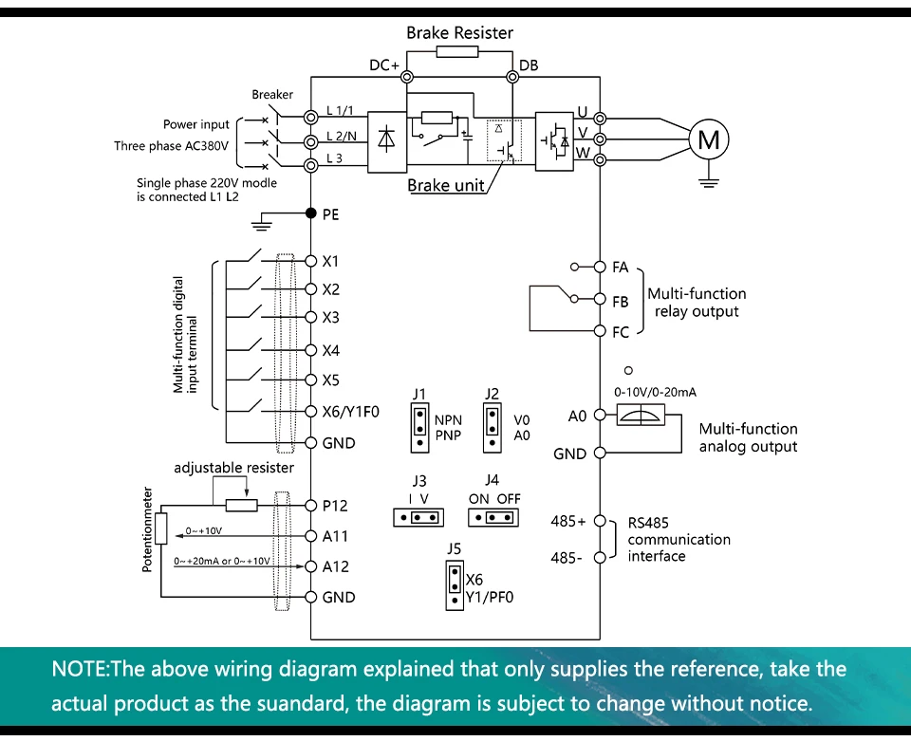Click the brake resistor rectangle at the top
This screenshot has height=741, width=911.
pos(457,51)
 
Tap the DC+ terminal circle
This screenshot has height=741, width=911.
pos(407,77)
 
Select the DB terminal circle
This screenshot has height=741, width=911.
pos(512,77)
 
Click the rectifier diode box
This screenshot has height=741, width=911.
pos(387,141)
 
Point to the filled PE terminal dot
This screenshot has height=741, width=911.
pos(311,213)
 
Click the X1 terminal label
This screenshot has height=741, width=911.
pos(330,261)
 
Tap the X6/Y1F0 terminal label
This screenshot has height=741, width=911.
pos(351,412)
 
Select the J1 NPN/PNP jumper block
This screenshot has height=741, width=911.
pos(419,428)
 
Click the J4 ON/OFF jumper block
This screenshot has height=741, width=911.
pos(493,517)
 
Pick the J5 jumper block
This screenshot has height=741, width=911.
pos(455,585)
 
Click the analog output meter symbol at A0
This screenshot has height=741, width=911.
pos(641,416)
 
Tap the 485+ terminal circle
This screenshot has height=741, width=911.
pos(600,521)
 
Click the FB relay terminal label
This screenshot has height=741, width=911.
pos(621,302)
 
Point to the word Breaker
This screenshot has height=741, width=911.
pos(272,94)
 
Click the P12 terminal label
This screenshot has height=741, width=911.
pos(335,506)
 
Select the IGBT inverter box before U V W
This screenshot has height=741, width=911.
pos(554,141)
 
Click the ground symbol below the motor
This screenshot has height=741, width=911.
pos(709,182)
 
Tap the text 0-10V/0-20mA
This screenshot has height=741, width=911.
pos(656,392)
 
